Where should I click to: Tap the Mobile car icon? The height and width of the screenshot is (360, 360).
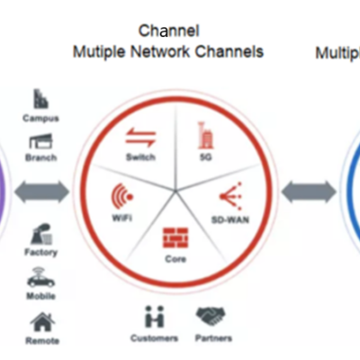click(x=40, y=278)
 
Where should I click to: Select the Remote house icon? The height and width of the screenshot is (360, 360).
click(x=40, y=320)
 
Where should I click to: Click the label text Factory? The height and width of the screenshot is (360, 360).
click(x=40, y=252)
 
